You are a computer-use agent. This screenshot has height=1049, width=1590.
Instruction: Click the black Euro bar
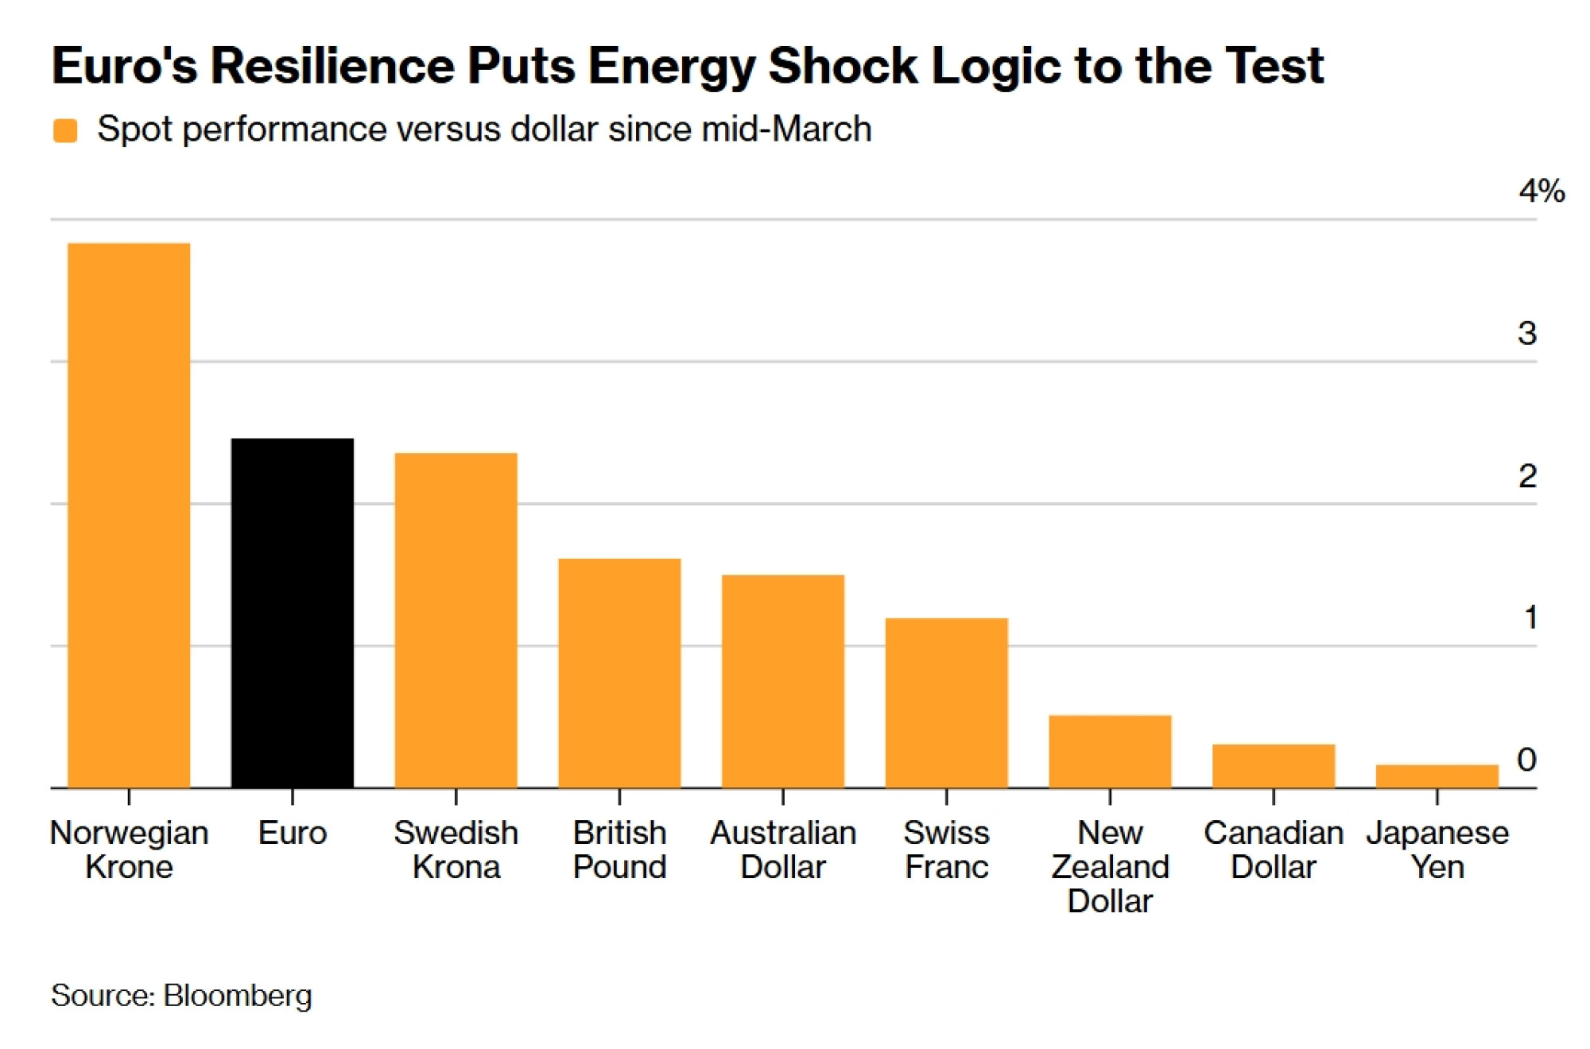tap(293, 613)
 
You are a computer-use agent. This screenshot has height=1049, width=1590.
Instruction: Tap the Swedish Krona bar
tap(456, 620)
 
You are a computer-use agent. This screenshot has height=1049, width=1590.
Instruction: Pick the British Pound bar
tap(619, 673)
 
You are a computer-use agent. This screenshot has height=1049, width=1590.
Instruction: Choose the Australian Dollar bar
tap(783, 681)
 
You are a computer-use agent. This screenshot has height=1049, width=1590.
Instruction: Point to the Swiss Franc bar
tap(947, 703)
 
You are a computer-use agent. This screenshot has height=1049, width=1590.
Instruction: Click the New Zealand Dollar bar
tap(1110, 751)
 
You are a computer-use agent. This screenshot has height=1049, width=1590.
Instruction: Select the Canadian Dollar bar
tap(1274, 765)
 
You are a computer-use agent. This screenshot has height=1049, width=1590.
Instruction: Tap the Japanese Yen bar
tap(1437, 776)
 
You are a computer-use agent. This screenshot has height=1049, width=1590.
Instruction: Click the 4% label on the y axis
tap(1542, 191)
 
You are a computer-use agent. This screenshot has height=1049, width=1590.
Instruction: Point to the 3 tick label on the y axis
tap(1527, 333)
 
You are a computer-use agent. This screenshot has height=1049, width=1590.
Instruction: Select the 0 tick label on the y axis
tap(1526, 760)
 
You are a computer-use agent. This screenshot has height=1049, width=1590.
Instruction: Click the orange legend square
tap(65, 130)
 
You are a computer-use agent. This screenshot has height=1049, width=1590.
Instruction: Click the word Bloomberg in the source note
tap(238, 996)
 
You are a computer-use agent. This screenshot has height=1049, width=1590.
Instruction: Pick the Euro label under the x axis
tap(293, 833)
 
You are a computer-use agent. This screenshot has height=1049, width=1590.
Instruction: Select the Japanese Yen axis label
tap(1437, 850)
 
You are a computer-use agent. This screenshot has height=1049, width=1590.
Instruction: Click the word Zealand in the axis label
tap(1110, 867)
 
